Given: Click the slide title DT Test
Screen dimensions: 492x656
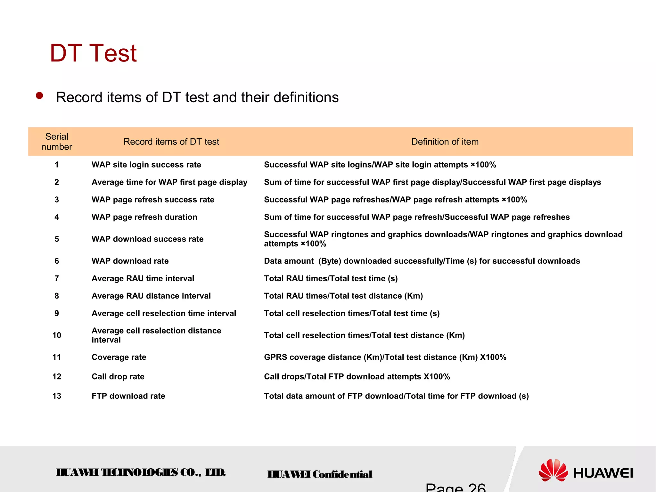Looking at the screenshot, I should pos(93,53).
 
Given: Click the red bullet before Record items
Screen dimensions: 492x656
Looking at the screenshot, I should pos(39,96).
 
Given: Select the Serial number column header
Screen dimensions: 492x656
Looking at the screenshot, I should pos(57,142).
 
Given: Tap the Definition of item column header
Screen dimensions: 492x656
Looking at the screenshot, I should pos(445,142).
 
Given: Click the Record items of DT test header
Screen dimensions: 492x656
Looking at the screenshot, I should pos(171,142).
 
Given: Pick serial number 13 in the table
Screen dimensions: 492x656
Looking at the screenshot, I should pos(57,396).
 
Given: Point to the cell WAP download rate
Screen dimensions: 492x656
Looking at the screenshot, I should pos(130,261).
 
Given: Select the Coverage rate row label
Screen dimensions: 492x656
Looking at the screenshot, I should pos(119,357).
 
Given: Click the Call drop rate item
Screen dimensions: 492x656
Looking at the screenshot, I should pos(118,377).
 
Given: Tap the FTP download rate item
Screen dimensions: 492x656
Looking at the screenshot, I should pos(128,396).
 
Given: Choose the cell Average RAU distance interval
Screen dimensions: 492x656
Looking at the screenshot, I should pos(151,296).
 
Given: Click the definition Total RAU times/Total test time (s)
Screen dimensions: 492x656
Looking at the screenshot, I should pos(331,279).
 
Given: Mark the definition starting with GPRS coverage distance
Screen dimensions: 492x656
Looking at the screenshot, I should pos(385,357).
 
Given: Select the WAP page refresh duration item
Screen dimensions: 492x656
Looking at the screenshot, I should pos(144,217).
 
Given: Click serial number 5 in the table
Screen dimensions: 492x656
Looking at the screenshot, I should pos(57,239).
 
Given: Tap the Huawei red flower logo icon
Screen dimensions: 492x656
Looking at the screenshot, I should pos(553,470).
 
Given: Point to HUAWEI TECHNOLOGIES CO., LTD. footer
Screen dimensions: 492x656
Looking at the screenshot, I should pos(141,472).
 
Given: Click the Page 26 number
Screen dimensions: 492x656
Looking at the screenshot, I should pos(455,487).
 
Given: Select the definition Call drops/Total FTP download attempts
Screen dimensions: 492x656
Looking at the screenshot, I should pos(357,377).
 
